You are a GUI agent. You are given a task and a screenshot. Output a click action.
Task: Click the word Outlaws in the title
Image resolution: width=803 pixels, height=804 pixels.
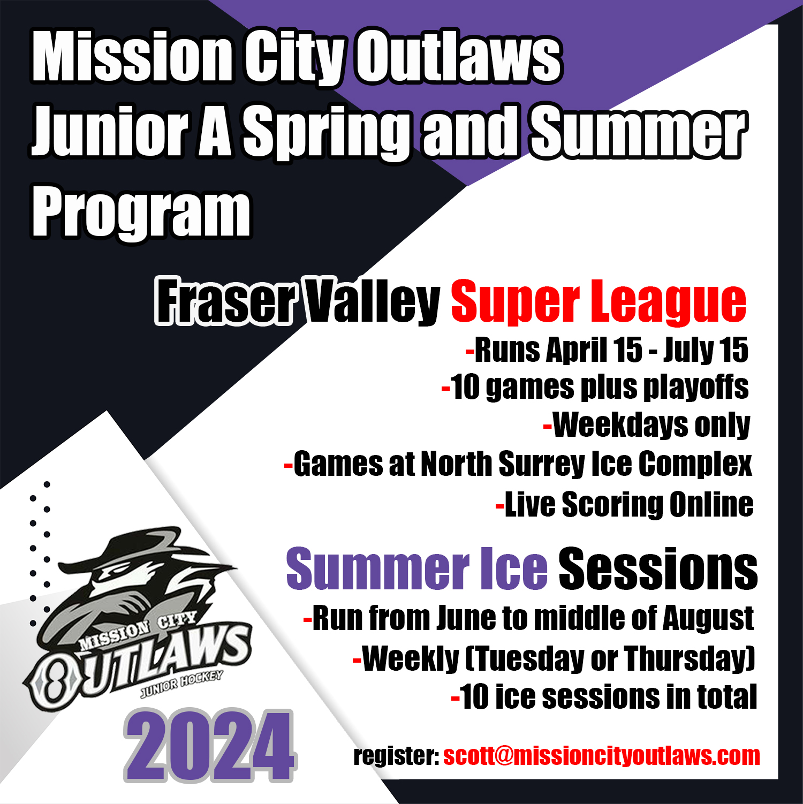coord(459,57)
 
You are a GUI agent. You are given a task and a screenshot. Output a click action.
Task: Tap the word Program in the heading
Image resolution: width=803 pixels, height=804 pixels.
coord(141,213)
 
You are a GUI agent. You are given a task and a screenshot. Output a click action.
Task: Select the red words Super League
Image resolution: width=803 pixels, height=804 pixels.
coord(598,302)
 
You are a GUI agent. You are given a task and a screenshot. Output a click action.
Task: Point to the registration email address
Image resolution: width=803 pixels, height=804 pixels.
coord(601,756)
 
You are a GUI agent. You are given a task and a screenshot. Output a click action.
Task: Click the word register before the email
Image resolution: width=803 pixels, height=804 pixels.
coord(396,756)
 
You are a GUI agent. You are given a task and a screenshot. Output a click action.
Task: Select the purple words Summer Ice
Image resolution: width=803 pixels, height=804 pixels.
coord(416,568)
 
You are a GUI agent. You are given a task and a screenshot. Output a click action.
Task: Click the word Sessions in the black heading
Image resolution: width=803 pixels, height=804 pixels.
coord(658,568)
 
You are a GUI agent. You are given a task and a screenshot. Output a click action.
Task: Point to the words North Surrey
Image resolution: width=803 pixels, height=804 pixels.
coord(502,464)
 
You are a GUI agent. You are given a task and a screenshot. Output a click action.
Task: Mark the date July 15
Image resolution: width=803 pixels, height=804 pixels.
coord(706,350)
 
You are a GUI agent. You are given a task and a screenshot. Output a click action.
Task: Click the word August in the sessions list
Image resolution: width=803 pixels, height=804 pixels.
coord(708,619)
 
